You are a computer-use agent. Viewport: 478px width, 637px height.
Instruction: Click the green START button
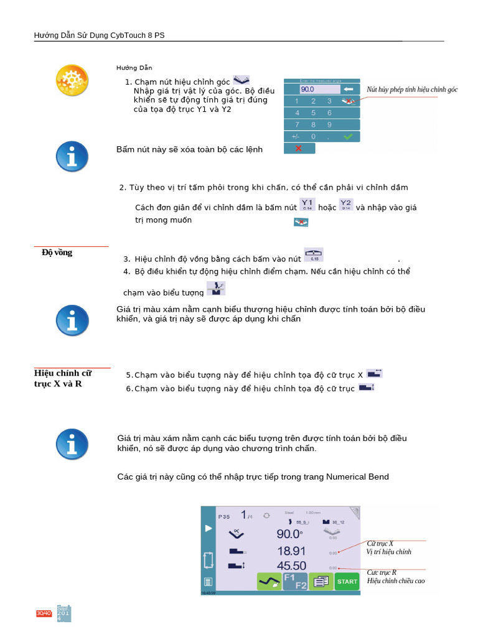[x=347, y=582]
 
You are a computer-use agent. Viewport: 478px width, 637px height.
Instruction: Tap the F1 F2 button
[x=295, y=582]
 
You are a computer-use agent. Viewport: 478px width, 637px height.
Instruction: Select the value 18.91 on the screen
[x=291, y=551]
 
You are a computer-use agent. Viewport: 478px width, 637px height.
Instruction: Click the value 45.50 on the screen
[x=291, y=566]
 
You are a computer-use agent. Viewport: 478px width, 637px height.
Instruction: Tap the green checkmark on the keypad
[x=349, y=136]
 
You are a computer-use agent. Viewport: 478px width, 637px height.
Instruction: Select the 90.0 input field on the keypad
[x=316, y=89]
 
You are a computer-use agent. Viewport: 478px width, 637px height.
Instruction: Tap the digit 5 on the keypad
[x=312, y=113]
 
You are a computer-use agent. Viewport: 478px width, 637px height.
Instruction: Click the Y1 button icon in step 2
[x=307, y=205]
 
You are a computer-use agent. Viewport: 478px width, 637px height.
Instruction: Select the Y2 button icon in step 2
[x=346, y=205]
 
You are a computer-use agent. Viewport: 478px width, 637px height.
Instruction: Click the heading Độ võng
[x=57, y=253]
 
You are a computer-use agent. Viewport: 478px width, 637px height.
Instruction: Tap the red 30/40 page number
[x=44, y=614]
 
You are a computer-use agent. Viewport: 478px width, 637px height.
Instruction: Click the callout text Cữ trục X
[x=380, y=543]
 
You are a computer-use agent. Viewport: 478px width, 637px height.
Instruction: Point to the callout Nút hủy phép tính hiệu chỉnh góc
[x=412, y=90]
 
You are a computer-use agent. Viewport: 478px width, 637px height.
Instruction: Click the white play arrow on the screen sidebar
[x=208, y=529]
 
